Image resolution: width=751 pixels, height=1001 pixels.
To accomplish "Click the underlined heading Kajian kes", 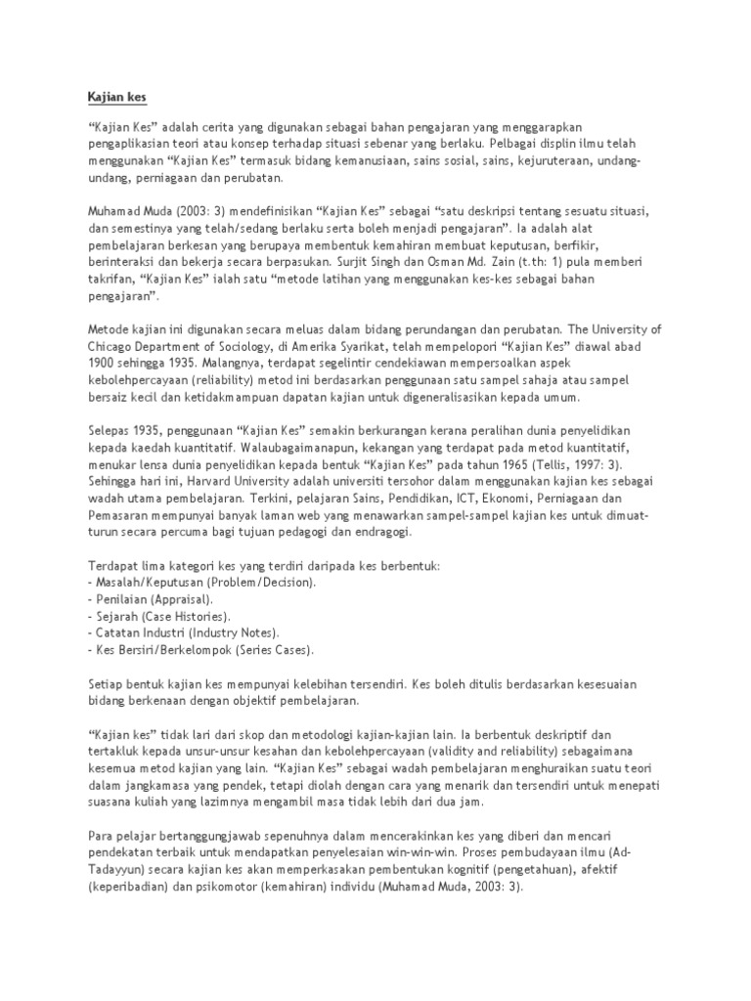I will [x=110, y=98].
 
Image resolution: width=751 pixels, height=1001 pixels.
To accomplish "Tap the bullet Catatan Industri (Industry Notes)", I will [x=185, y=633].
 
